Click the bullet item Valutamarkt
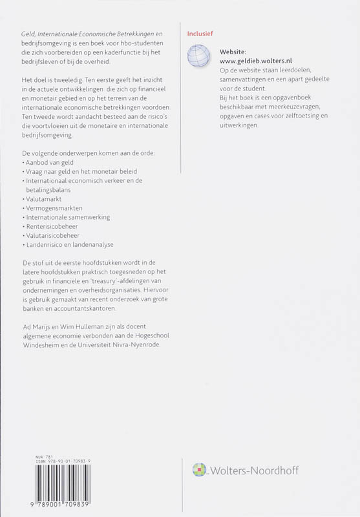click(x=44, y=200)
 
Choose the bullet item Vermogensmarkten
click(x=51, y=209)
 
